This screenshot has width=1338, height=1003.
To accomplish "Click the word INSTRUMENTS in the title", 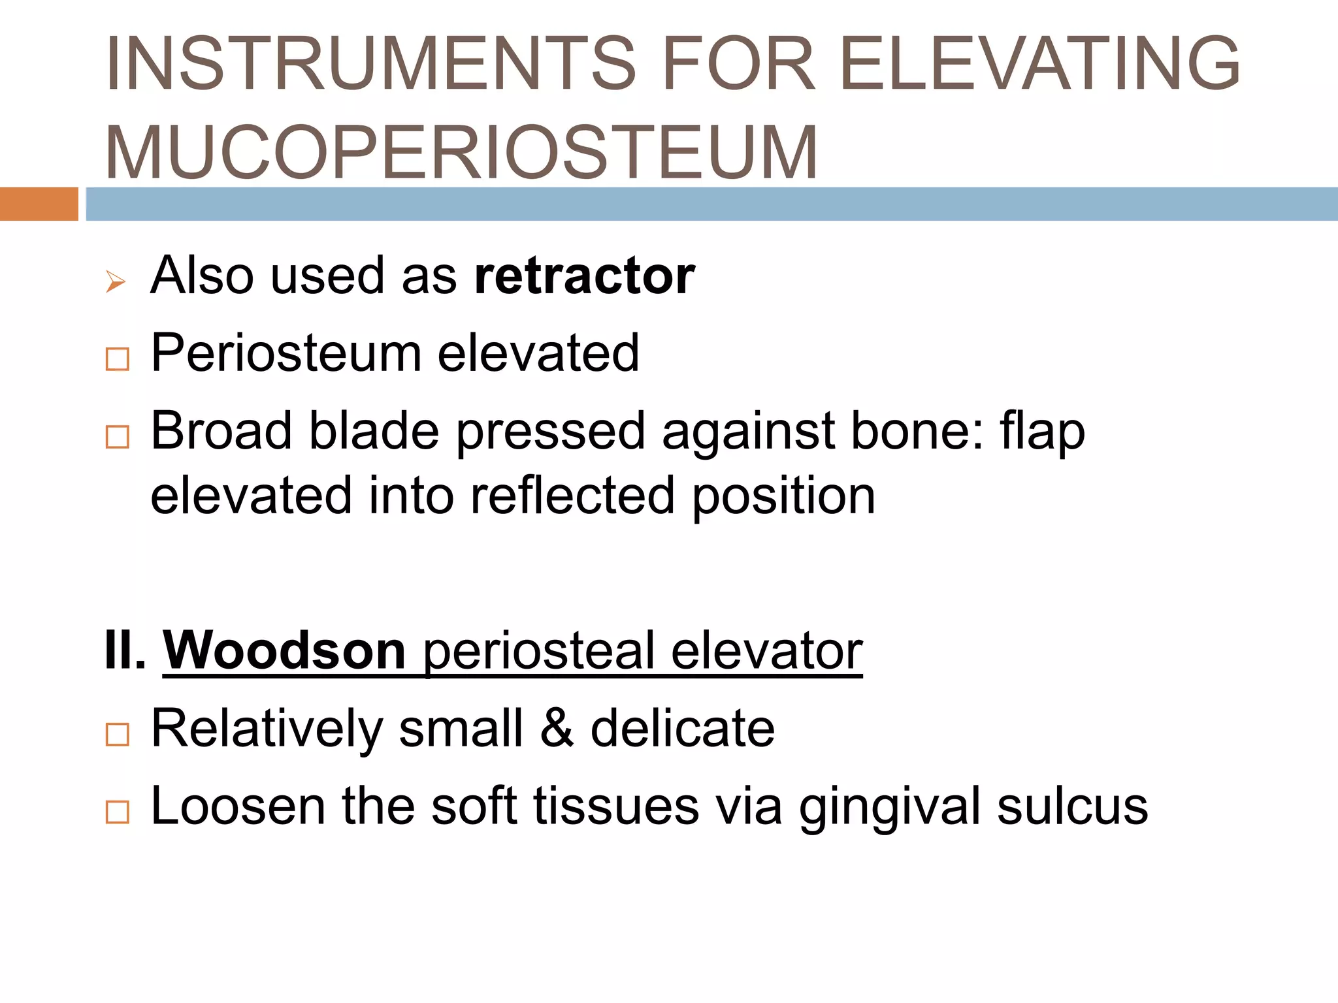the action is point(371,63).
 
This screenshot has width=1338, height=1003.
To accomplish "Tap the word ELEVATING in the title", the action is point(1039,63).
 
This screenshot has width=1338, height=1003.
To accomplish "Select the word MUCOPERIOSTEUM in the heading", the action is point(461,152).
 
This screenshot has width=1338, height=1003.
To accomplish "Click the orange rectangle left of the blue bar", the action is point(39,204).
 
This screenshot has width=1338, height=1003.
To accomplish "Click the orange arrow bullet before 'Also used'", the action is point(115,282).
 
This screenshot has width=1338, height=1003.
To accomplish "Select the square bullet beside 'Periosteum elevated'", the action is point(118,359).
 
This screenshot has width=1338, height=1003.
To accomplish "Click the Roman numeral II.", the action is point(125,650).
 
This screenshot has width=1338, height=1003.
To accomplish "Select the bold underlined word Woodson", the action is point(285,650).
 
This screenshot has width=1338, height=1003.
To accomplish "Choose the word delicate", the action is point(683,728).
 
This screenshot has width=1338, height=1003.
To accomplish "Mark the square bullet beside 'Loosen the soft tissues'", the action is point(118,812).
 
